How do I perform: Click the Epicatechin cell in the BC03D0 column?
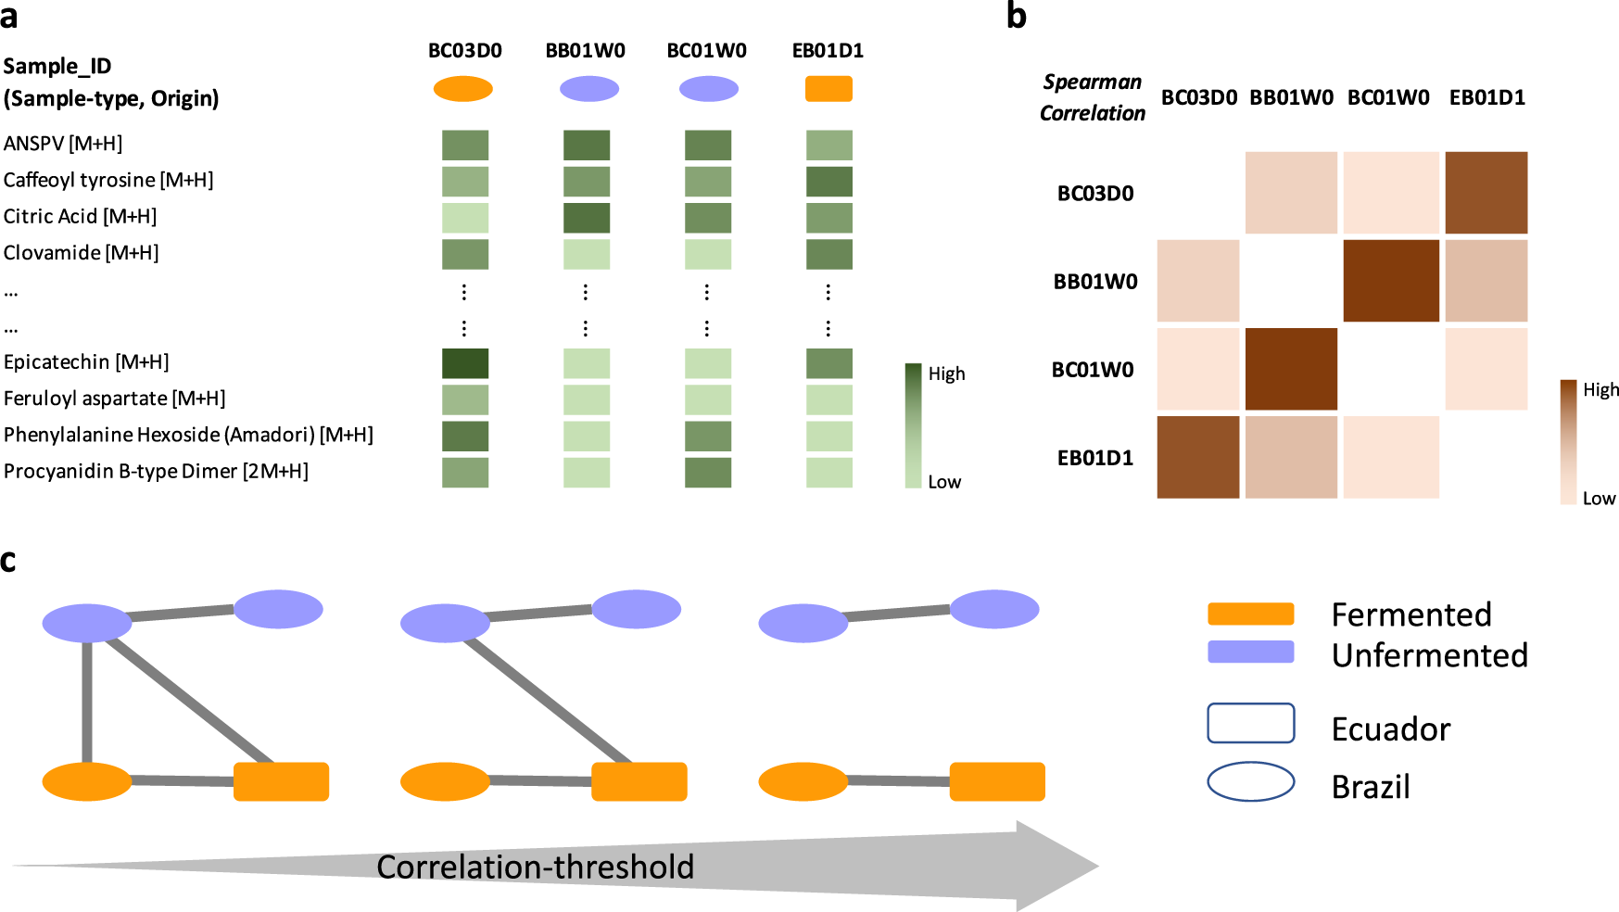[x=465, y=363]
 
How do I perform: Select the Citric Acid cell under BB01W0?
[x=587, y=218]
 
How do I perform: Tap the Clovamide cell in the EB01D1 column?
[x=829, y=254]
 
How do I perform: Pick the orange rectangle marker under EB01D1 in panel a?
[x=828, y=89]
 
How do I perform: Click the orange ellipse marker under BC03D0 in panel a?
[x=463, y=89]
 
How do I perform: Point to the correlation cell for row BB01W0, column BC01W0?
[x=1390, y=281]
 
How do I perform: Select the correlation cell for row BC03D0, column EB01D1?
[x=1486, y=193]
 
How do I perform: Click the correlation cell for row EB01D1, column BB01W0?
[x=1291, y=457]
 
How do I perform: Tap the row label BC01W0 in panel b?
[x=1093, y=370]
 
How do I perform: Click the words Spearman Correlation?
[x=1092, y=97]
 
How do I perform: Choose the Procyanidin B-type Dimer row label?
[x=156, y=471]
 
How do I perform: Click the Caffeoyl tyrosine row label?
[x=108, y=180]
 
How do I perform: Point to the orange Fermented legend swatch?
[x=1250, y=614]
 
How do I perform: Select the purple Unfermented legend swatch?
[x=1250, y=652]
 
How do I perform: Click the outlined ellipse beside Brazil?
[x=1250, y=781]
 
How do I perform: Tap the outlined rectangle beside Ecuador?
[x=1250, y=723]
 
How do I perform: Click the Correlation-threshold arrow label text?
[x=535, y=868]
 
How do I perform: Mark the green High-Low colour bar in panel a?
[x=913, y=425]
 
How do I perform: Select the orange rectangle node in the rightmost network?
[x=997, y=781]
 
